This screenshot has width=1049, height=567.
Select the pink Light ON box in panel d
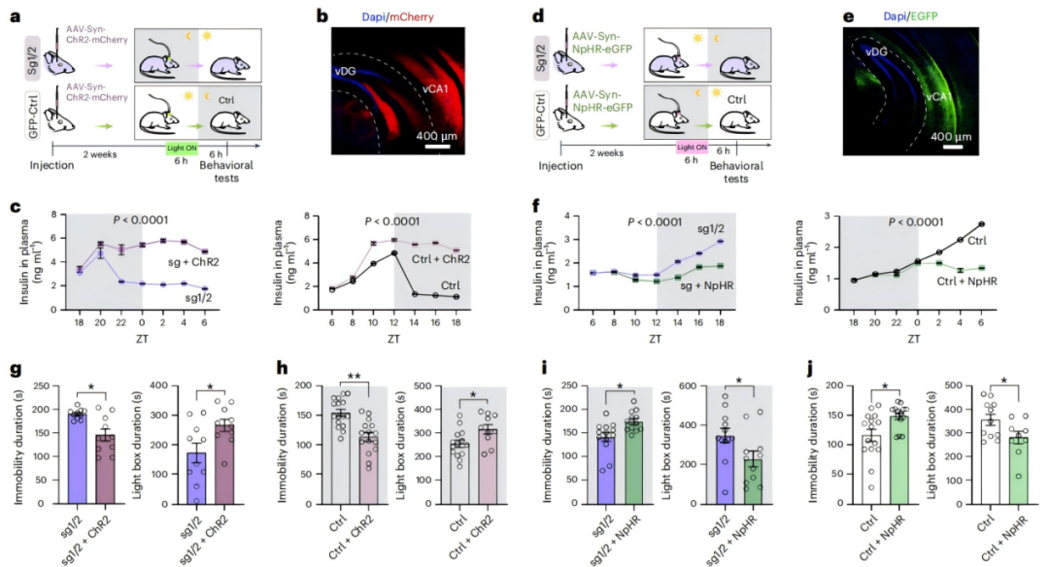[x=694, y=147]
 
